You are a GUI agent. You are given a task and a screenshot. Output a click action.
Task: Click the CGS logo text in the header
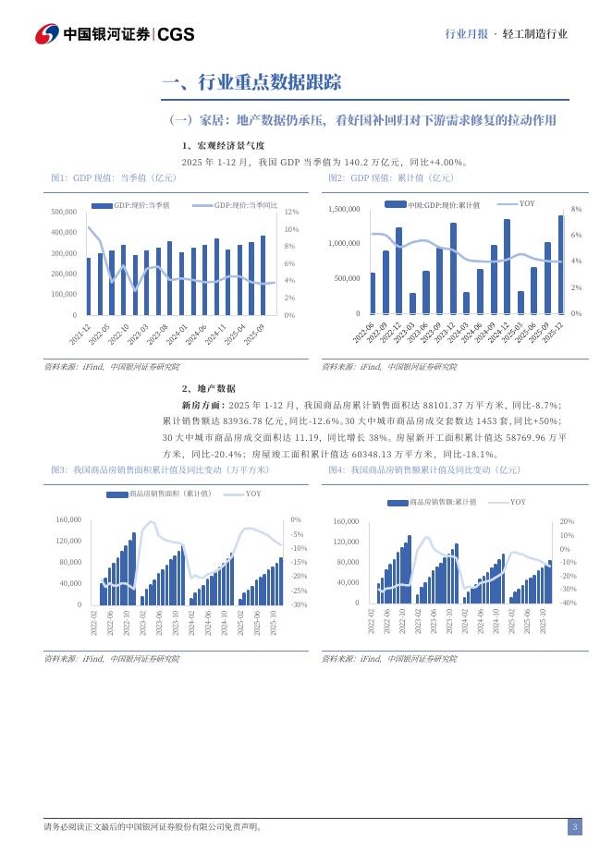(177, 34)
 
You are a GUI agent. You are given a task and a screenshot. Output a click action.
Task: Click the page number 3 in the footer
(574, 826)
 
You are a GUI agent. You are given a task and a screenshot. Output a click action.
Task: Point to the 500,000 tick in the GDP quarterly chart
(64, 213)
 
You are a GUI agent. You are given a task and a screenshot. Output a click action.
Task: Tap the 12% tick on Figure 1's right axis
(289, 213)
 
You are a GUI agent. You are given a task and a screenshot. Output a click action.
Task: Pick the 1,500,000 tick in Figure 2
(343, 210)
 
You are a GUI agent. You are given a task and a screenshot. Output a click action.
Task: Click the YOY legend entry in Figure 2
(526, 203)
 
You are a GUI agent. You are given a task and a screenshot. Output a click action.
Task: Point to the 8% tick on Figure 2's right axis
(576, 210)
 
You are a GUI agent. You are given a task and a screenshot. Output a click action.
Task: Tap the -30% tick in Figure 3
(300, 604)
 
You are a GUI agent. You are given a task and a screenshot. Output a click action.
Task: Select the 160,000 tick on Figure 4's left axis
(345, 521)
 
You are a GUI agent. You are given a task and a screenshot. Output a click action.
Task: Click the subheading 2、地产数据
(209, 389)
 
